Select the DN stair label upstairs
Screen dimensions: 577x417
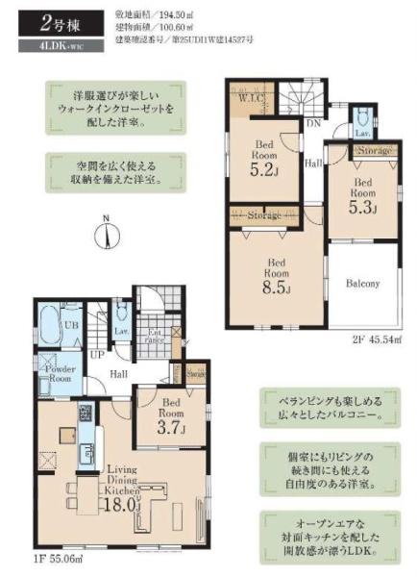pyautogui.click(x=312, y=122)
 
